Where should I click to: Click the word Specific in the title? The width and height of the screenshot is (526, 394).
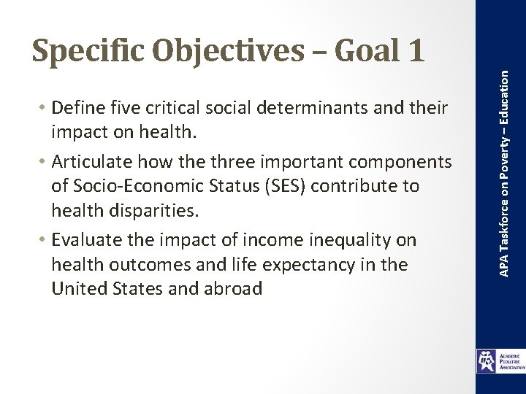(x=91, y=50)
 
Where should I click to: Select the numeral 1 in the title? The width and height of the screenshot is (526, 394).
(x=413, y=50)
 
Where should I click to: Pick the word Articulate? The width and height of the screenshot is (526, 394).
(x=91, y=162)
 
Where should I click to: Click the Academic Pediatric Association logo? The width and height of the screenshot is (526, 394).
(x=500, y=361)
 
